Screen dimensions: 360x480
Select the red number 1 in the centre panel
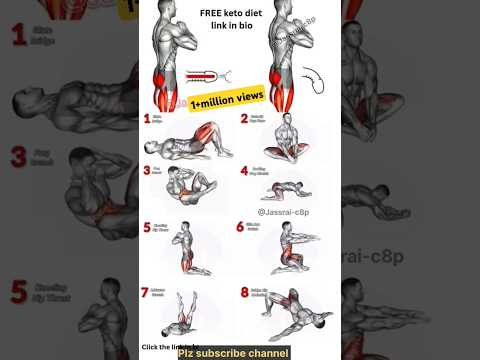coord(147,119)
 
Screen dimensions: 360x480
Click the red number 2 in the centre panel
coord(245,119)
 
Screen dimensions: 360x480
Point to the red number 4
coord(245,171)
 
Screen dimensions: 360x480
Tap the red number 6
coord(241,227)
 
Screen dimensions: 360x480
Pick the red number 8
coord(245,292)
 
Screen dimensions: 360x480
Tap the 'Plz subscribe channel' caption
coord(235,353)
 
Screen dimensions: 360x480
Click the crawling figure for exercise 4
coord(289,189)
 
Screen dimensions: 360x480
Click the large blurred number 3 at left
coord(18,157)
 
